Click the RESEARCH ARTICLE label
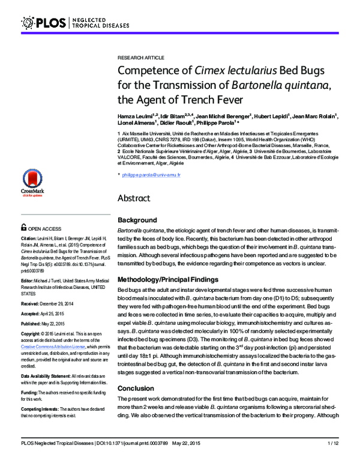(140, 58)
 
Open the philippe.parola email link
(151, 175)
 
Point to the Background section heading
(137, 220)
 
